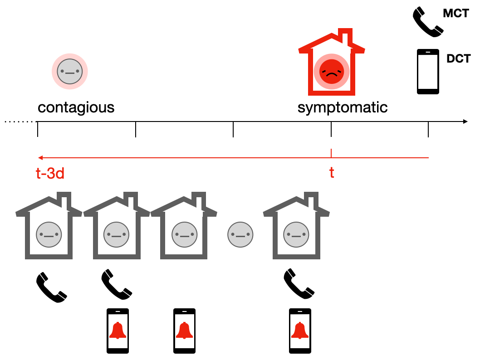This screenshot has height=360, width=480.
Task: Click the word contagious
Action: point(76,108)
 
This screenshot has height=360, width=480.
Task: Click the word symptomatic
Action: point(343,108)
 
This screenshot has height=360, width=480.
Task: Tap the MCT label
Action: point(456,13)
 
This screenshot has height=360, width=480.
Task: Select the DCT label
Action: point(458,58)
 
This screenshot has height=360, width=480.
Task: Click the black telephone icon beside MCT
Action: point(427,21)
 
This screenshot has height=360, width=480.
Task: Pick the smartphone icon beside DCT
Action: point(428,72)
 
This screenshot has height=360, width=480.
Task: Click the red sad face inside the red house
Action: point(331,72)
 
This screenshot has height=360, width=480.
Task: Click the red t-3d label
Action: point(50,173)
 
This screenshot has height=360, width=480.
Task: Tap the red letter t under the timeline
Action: point(332,173)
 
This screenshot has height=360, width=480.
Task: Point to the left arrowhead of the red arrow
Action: point(40,158)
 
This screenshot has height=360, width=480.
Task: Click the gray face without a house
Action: point(240,235)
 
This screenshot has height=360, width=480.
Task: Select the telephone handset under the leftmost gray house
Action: point(51,287)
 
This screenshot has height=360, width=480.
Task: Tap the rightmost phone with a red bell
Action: point(300,331)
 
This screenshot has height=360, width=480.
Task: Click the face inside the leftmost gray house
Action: point(49,235)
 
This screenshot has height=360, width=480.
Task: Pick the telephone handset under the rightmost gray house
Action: point(299,284)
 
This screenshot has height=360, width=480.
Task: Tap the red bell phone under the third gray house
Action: point(184,331)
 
